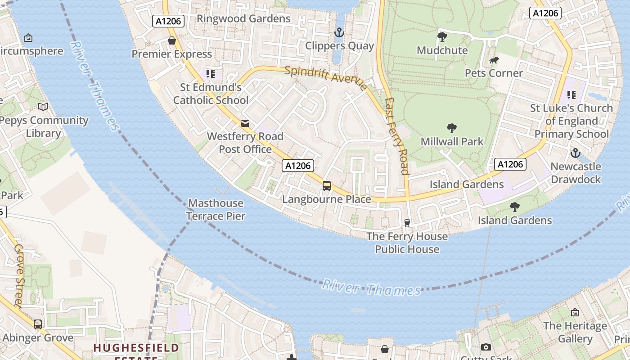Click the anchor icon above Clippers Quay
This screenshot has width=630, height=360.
point(339,32)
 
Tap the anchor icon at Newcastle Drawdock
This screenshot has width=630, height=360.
point(575,153)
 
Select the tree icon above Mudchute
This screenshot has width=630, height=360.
point(442,36)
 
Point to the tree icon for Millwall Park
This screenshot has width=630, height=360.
point(452,128)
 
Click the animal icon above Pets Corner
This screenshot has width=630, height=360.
point(494,60)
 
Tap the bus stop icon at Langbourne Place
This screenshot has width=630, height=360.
point(327,185)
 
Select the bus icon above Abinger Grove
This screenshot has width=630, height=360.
point(38,324)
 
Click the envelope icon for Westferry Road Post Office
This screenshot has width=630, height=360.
point(245,123)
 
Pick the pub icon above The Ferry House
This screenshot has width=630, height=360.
point(407,223)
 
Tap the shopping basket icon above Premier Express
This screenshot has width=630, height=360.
point(171,41)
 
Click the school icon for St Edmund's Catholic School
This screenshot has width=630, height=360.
point(210,73)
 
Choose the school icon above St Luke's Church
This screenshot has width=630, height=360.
point(571,94)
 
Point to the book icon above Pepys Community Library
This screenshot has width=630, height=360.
point(43,107)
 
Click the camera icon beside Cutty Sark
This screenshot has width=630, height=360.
point(486,347)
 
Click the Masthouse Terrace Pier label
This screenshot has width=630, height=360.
point(216,210)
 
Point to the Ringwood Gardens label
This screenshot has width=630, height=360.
point(243,18)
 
